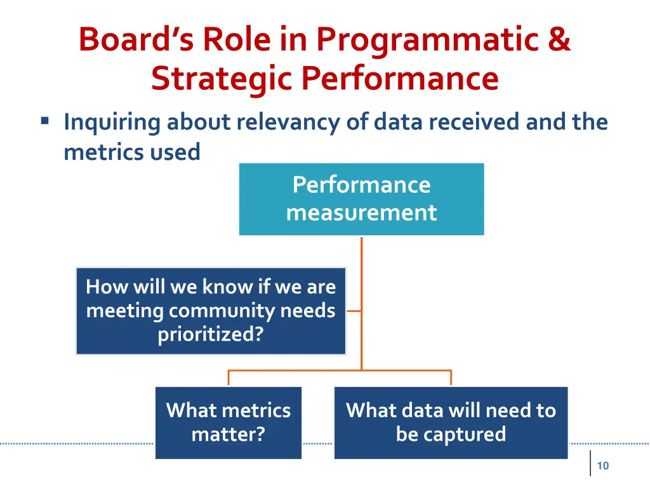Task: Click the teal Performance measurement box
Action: coord(361,199)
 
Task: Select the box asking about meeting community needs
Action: coord(211,311)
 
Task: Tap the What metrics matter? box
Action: coord(228,422)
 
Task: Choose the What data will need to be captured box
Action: coord(451,422)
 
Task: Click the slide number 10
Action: coord(603,466)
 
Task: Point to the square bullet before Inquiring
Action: coord(44,120)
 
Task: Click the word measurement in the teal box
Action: coord(361,212)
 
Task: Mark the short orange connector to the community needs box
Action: coord(354,311)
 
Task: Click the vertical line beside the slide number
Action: coord(590,464)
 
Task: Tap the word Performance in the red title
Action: coord(400,79)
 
